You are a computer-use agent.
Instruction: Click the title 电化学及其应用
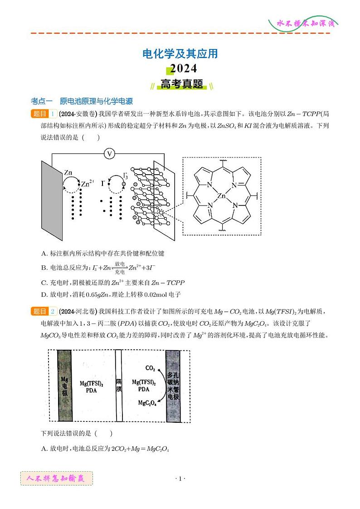180,54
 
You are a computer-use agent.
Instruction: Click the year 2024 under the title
180,69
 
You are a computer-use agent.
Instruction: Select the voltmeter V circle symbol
109,154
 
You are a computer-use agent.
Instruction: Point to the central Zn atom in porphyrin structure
222,196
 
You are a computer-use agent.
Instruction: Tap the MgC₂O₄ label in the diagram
147,403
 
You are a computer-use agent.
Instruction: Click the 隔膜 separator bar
119,386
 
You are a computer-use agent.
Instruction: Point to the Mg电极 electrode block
64,386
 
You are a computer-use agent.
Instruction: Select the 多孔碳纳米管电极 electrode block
173,386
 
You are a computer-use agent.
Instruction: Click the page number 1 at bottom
180,479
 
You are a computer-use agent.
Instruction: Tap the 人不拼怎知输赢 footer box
57,478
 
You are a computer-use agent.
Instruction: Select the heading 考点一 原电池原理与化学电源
82,101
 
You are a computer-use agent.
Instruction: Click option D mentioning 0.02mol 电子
111,294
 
